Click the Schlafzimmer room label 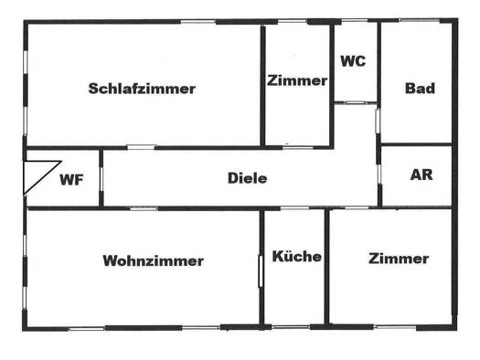[142, 89]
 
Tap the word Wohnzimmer [154, 261]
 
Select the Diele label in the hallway [248, 178]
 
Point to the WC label [353, 61]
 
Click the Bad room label [420, 89]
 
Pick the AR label [421, 175]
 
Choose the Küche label [297, 257]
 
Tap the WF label [71, 180]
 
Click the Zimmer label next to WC [297, 80]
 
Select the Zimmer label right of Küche [399, 259]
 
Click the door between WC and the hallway [356, 102]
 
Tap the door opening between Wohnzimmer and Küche [261, 271]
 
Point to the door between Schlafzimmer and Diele [142, 147]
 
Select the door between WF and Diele [101, 178]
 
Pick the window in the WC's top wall [355, 21]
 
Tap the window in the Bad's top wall [420, 20]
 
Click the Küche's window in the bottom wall [291, 327]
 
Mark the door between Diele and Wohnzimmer [144, 208]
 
